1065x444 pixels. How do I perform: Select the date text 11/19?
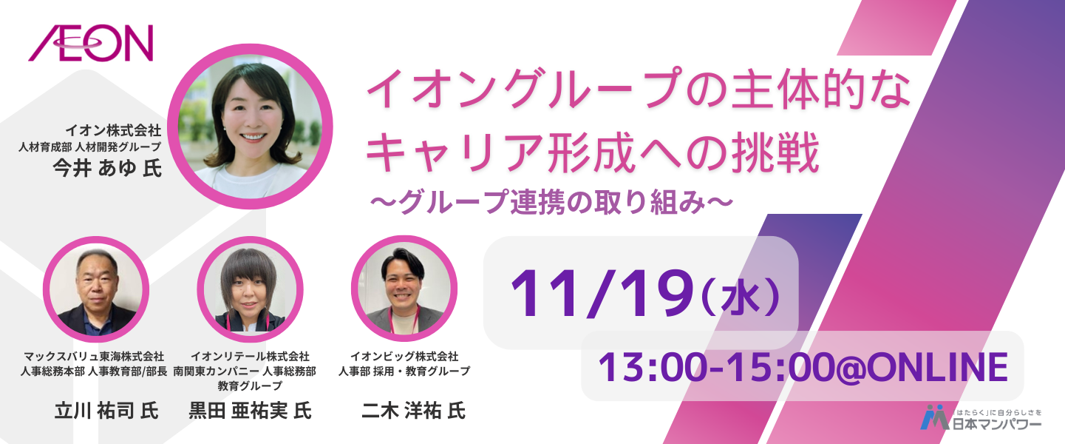coord(601,294)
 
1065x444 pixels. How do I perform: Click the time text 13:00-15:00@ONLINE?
coord(803,367)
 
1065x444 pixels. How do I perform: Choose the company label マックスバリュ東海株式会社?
coord(94,357)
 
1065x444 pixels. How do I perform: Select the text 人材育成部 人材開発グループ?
coord(89,147)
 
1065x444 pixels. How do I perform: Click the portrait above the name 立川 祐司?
coord(96,289)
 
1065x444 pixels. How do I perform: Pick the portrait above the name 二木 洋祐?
coord(404,288)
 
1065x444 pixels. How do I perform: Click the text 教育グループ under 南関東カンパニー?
coord(250,386)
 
